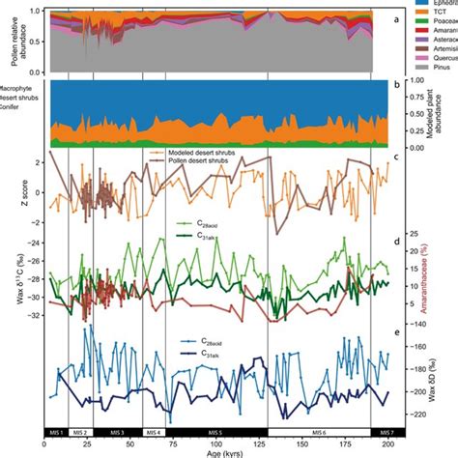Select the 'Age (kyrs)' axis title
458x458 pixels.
218,451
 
